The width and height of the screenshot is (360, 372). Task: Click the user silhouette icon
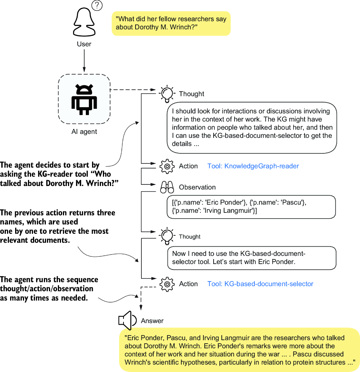pyautogui.click(x=84, y=22)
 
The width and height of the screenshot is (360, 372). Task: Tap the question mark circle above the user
pyautogui.click(x=97, y=6)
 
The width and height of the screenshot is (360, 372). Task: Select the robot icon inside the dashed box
pyautogui.click(x=84, y=100)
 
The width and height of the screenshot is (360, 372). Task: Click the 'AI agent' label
pyautogui.click(x=84, y=132)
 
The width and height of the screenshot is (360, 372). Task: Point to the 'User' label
pyautogui.click(x=84, y=44)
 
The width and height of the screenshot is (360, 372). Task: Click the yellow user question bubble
pyautogui.click(x=171, y=23)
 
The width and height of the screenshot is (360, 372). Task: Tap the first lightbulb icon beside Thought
pyautogui.click(x=167, y=94)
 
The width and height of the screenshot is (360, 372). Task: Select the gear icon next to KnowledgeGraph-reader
pyautogui.click(x=167, y=166)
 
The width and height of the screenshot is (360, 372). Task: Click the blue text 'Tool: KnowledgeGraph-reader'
pyautogui.click(x=253, y=166)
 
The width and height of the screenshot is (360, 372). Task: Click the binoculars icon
pyautogui.click(x=167, y=187)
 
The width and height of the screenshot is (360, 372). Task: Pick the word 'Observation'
pyautogui.click(x=197, y=187)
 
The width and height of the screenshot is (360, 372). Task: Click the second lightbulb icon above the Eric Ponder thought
pyautogui.click(x=167, y=236)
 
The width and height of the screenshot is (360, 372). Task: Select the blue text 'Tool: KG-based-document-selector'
pyautogui.click(x=260, y=284)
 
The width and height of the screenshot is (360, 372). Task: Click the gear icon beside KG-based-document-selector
pyautogui.click(x=167, y=284)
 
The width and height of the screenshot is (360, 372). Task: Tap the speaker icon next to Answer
pyautogui.click(x=127, y=320)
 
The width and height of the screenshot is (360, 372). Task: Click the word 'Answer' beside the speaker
pyautogui.click(x=152, y=321)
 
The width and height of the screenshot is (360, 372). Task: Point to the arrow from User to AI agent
pyautogui.click(x=84, y=61)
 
